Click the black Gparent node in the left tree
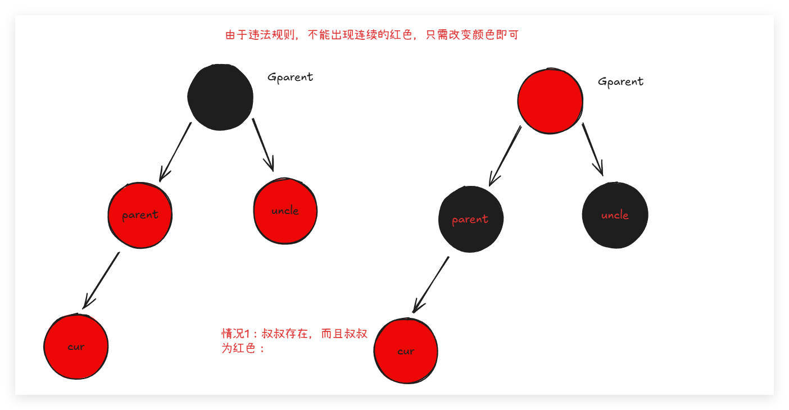coord(220,97)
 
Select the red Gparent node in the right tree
coord(550,101)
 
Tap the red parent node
coord(140,215)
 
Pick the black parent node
coord(471,220)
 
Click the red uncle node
coord(285,211)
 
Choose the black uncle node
coord(615,215)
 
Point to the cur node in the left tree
coord(76,347)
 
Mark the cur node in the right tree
coord(406,351)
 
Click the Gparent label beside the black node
coord(290,77)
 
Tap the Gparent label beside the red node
coord(620,81)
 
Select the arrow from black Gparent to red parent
coord(175,152)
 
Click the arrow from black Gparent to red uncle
coord(263,144)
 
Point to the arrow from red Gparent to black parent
coord(505,156)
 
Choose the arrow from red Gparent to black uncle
coord(593,149)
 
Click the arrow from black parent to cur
coord(431,284)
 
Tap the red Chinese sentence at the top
coord(371,35)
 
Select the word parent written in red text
coord(470,220)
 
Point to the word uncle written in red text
coord(615,215)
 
